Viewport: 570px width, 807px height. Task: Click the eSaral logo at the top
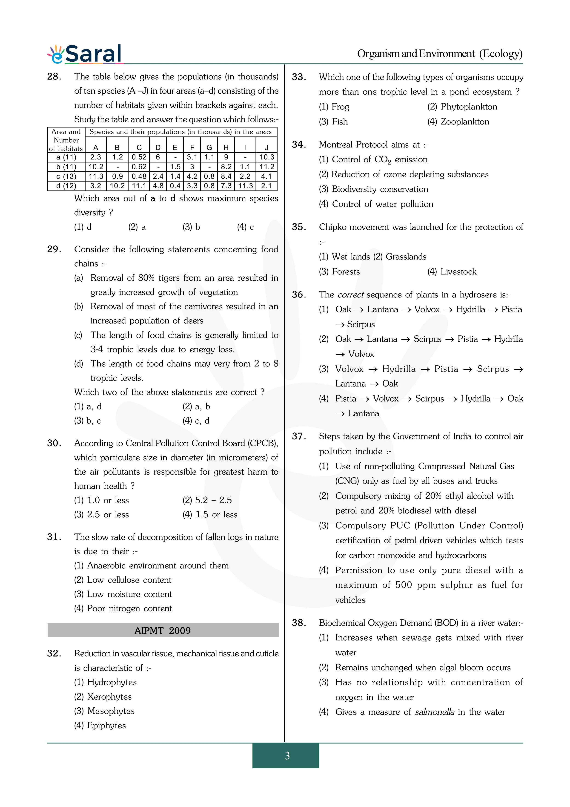click(x=85, y=54)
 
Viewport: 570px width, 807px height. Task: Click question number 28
click(x=54, y=77)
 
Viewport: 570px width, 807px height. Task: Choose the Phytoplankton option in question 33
click(x=469, y=107)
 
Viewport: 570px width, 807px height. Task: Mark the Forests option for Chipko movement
click(x=346, y=272)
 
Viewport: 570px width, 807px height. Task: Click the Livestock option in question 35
click(x=458, y=272)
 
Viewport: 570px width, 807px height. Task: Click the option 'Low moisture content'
click(x=129, y=594)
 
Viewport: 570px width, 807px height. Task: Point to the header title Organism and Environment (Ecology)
click(x=440, y=54)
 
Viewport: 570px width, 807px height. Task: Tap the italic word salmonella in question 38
click(x=434, y=712)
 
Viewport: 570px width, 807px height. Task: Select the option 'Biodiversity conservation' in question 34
click(x=380, y=189)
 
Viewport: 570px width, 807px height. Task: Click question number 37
click(x=299, y=436)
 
